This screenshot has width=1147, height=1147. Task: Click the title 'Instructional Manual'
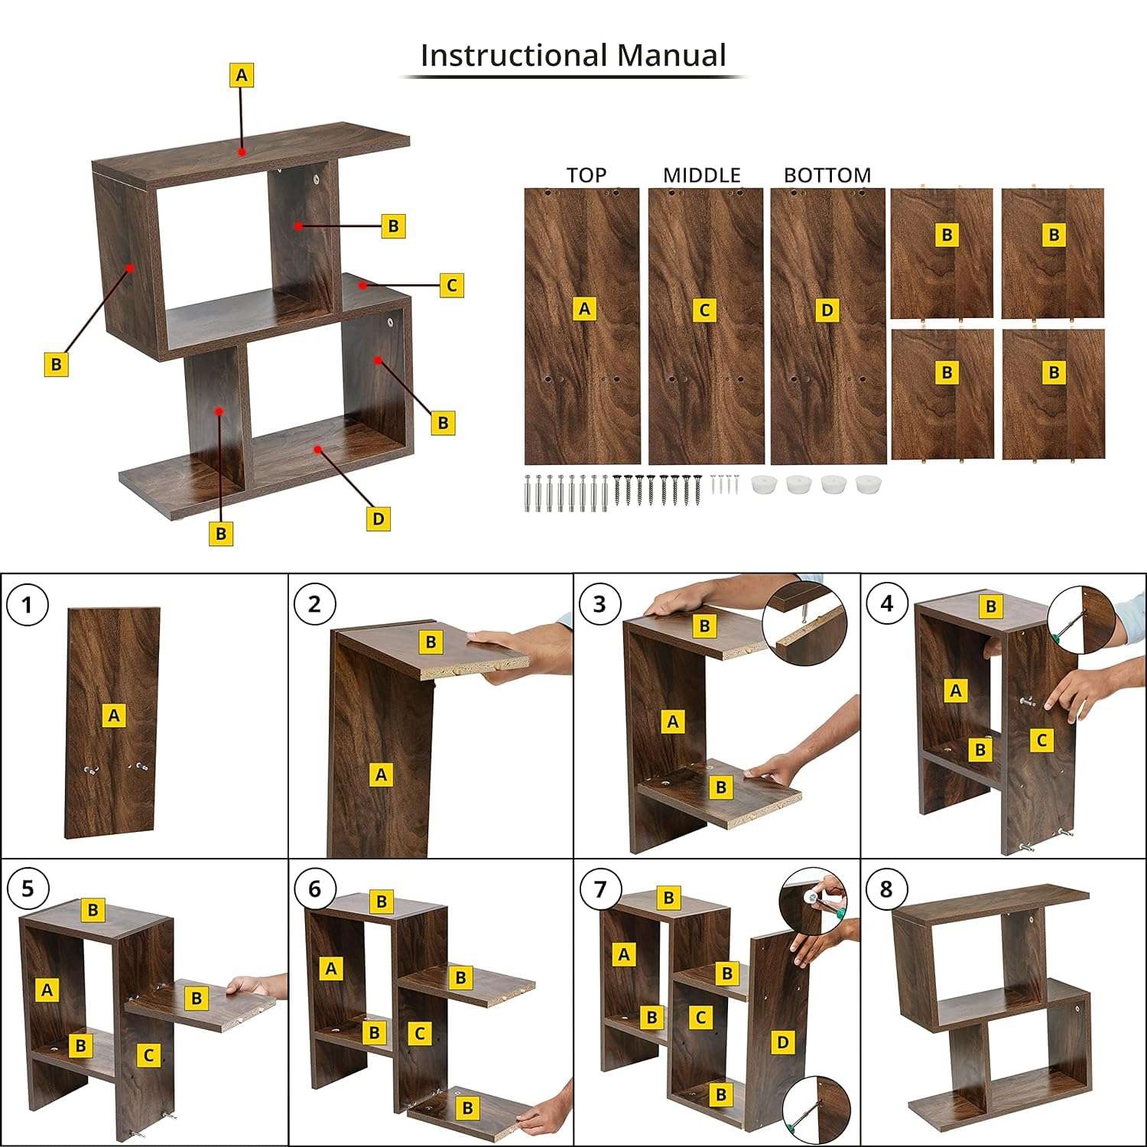[573, 55]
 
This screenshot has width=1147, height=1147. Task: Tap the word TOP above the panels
[586, 175]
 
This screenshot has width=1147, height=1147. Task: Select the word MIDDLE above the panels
[701, 175]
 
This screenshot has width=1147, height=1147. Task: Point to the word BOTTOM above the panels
[827, 175]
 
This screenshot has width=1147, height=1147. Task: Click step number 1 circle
[28, 606]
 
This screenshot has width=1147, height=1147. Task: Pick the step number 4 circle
[886, 604]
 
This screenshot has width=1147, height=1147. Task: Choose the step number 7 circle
[599, 889]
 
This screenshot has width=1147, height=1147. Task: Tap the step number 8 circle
[886, 889]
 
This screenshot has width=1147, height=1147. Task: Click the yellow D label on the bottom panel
[827, 310]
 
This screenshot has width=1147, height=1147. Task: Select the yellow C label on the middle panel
[704, 310]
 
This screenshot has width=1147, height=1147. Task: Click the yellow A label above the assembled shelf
[242, 75]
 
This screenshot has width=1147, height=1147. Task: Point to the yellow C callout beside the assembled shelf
[451, 285]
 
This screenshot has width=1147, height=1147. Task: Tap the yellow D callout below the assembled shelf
[378, 519]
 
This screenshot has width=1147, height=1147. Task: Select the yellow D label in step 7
[782, 1041]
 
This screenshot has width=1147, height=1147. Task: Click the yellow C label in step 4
[1041, 740]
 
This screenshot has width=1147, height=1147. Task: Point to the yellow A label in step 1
[114, 716]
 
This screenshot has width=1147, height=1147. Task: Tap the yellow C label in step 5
[148, 1055]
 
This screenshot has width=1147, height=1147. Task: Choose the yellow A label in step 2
[381, 775]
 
